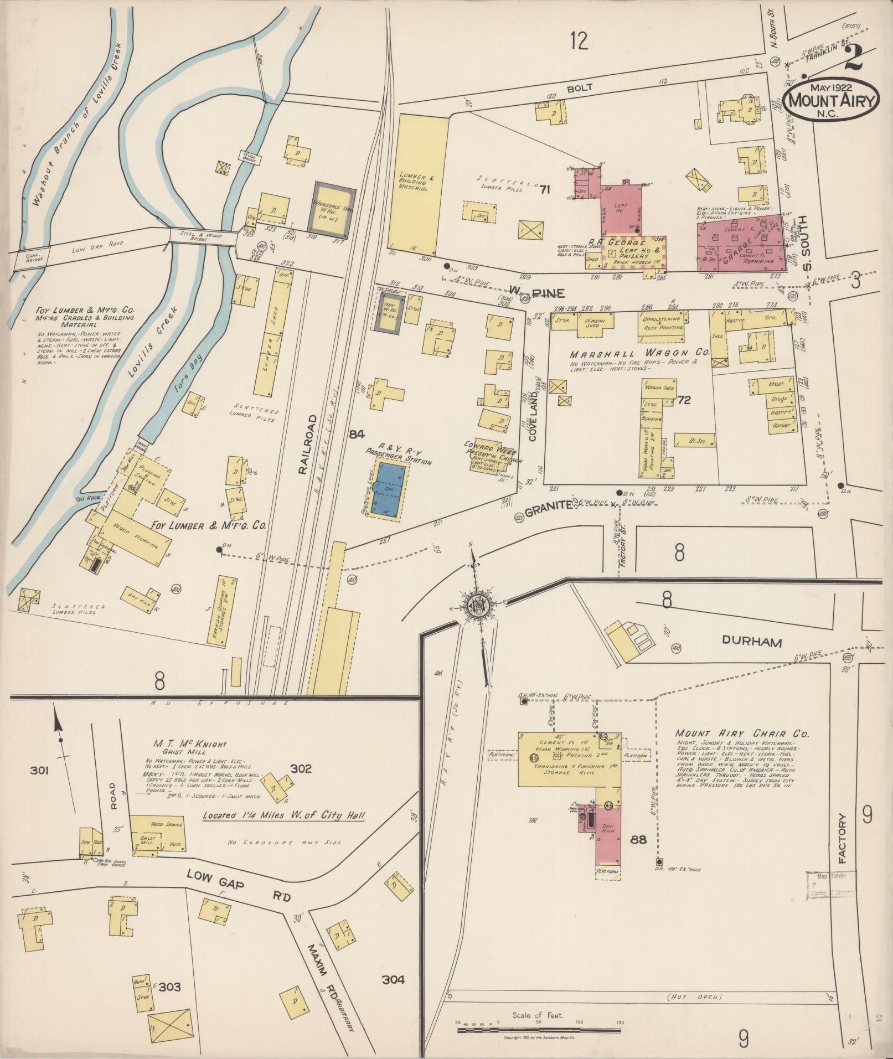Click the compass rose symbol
click(475, 603)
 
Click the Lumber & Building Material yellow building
click(416, 180)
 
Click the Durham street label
click(751, 642)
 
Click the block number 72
click(684, 400)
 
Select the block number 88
click(638, 855)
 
